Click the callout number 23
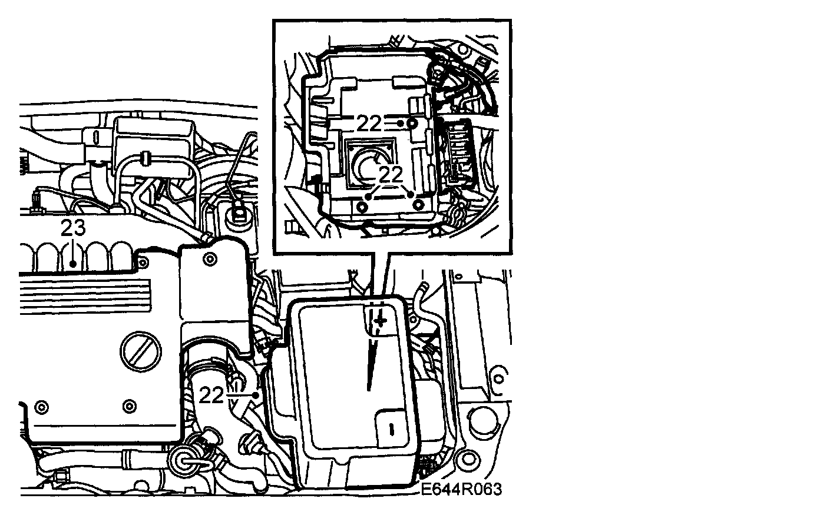(73, 228)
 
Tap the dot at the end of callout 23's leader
(73, 264)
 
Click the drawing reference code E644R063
(461, 489)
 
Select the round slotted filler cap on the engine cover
(141, 352)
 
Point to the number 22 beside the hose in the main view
(211, 395)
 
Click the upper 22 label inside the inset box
(369, 123)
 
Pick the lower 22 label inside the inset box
(391, 175)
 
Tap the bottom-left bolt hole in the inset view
(362, 207)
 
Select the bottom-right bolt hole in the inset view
(418, 205)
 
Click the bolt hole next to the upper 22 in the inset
(412, 124)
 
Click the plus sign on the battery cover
(381, 321)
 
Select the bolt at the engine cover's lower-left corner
(42, 407)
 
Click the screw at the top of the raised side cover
(210, 260)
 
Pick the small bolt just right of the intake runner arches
(143, 261)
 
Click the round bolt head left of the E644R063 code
(466, 460)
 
